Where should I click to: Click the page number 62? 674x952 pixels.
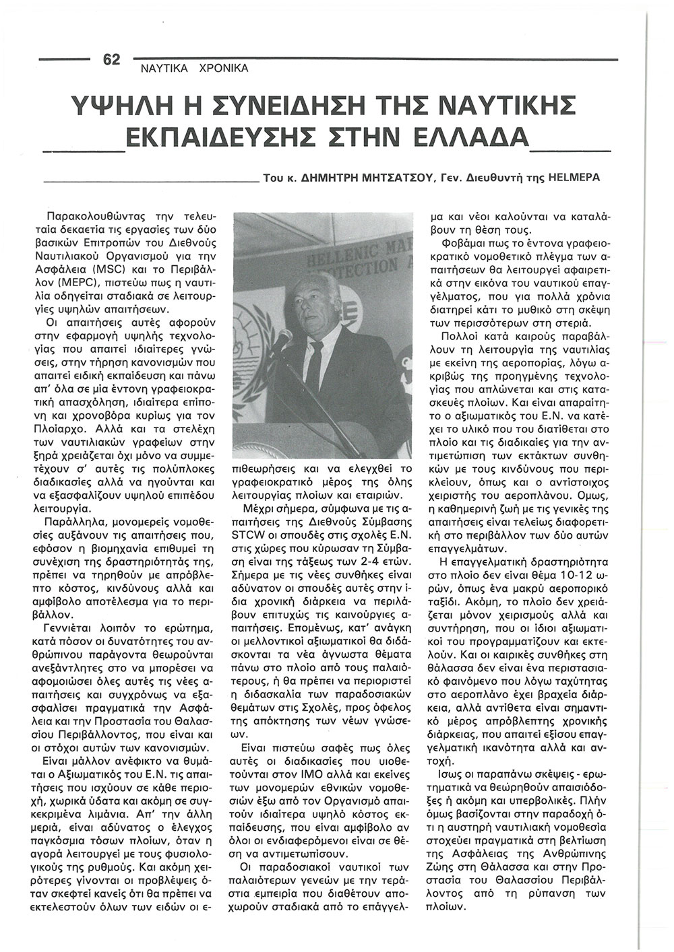[x=111, y=59]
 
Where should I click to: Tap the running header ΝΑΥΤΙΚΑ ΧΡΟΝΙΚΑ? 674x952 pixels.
[x=194, y=69]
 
